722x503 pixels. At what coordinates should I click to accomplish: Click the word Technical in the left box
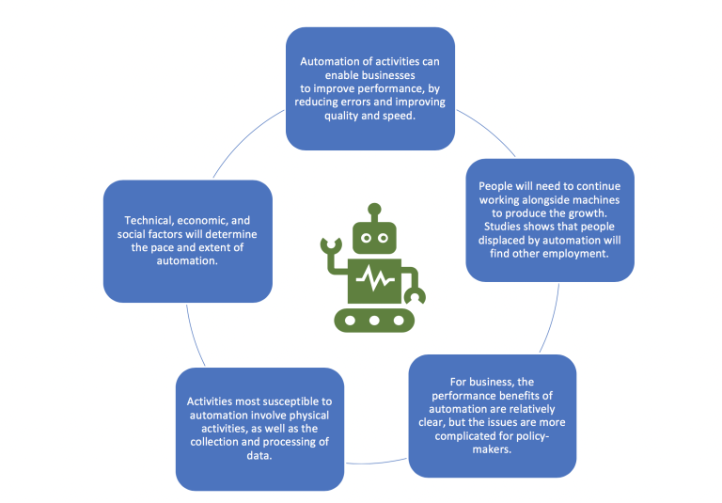point(141,219)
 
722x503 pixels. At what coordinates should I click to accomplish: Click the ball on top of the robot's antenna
point(374,208)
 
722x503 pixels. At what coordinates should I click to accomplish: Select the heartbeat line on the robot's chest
point(374,279)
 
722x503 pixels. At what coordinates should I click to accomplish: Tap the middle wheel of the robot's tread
point(374,321)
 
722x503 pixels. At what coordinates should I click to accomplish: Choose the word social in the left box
point(133,233)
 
